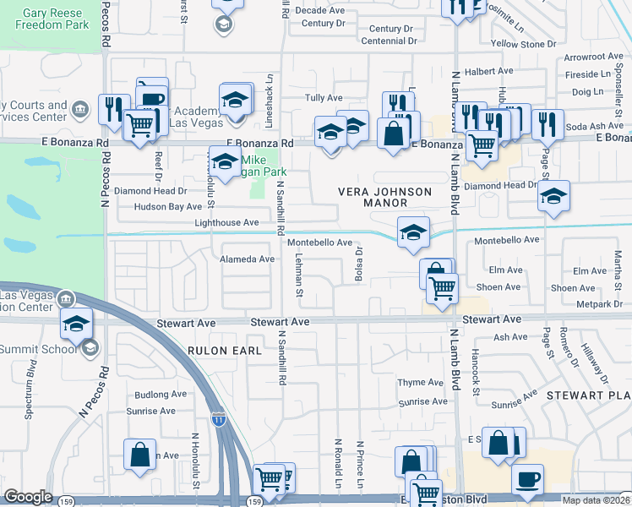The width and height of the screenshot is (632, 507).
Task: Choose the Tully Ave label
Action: (323, 98)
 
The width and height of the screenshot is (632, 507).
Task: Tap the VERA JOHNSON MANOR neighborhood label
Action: (384, 198)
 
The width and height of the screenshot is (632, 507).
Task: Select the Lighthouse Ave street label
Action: (226, 222)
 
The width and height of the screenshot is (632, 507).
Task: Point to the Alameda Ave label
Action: (248, 259)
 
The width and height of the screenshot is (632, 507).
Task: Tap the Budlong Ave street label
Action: (161, 394)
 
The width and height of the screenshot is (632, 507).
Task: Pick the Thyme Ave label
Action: (421, 383)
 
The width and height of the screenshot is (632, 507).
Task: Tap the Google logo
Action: (28, 497)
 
